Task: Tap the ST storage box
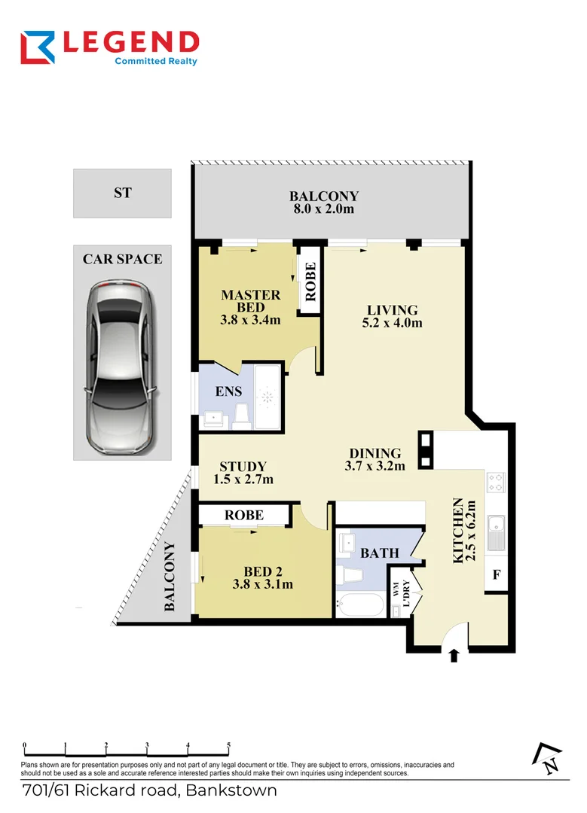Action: click(x=122, y=193)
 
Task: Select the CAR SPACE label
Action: click(x=122, y=259)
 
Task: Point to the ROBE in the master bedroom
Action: click(x=310, y=281)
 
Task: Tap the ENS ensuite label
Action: click(x=229, y=391)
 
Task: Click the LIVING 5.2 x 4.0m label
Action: click(x=392, y=316)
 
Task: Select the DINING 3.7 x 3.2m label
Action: click(x=375, y=459)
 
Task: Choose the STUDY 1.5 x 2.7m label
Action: click(x=243, y=473)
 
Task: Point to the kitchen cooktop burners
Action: click(x=497, y=482)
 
